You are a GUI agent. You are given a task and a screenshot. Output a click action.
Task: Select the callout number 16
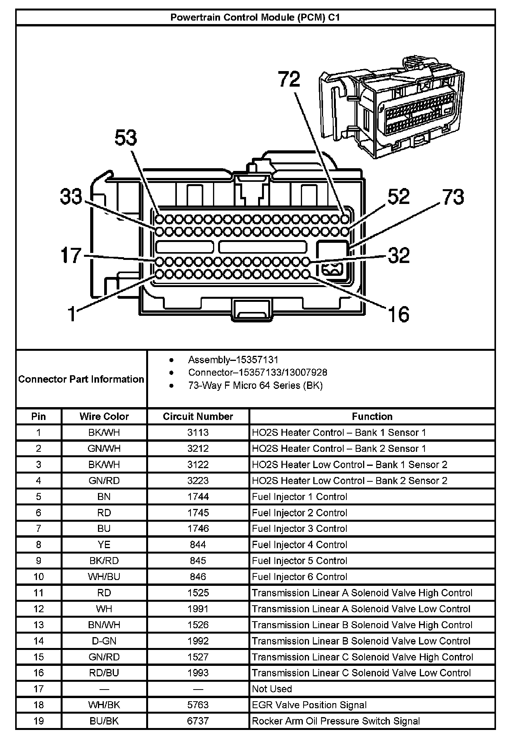[398, 314]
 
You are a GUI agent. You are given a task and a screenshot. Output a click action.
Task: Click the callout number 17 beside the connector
[71, 255]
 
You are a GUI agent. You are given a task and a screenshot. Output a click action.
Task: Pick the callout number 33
[71, 197]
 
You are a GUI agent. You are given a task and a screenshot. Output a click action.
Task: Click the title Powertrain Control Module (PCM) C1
[255, 17]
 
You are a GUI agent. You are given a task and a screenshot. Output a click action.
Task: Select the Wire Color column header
[104, 416]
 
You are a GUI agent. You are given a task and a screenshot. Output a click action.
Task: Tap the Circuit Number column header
[198, 416]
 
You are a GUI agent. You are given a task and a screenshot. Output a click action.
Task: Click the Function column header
[372, 416]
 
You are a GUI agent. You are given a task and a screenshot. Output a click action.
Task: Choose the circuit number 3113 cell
[198, 432]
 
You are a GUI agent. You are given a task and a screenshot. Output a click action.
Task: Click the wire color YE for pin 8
[104, 545]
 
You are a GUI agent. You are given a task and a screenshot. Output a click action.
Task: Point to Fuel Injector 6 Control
[299, 577]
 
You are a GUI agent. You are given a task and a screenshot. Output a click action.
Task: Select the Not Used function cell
[272, 689]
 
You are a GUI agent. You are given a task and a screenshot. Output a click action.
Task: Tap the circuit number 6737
[198, 721]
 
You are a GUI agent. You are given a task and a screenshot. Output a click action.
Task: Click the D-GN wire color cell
[104, 641]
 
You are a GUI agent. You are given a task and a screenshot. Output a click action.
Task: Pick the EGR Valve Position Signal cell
[309, 705]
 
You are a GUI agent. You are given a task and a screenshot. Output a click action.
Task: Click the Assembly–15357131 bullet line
[233, 360]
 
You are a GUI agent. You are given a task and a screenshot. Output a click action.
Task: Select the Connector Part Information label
[81, 379]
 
